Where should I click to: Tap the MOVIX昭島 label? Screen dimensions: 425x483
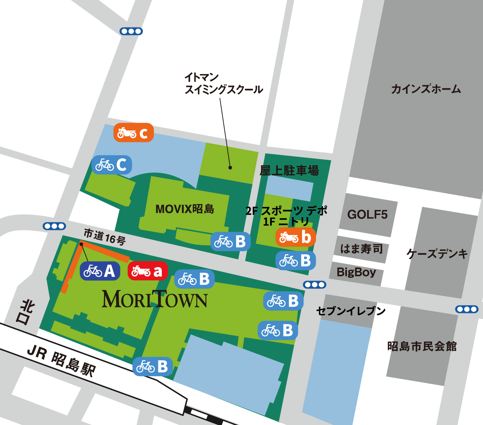point(184,209)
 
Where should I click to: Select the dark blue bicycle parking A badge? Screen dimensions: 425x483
point(100,271)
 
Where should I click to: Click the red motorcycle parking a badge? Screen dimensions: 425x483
point(148,271)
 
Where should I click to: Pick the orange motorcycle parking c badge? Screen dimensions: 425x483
point(133,133)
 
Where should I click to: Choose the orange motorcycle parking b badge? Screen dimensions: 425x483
point(295,237)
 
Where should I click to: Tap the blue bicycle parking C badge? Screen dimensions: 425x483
point(112,165)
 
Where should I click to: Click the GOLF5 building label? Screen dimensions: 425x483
point(367,214)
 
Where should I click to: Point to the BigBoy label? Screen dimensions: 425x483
point(356,272)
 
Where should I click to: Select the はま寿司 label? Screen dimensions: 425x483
point(361,249)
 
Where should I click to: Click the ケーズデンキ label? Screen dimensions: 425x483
point(437,254)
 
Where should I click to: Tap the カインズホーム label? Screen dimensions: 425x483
point(426,89)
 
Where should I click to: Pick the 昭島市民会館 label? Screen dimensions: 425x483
point(422,346)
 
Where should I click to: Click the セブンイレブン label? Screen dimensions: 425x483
point(351,311)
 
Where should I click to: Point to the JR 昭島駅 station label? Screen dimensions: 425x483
point(61,361)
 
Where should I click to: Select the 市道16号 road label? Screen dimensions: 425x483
point(104,237)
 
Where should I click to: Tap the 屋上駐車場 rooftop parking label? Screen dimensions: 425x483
point(289,170)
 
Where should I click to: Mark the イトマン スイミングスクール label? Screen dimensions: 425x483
point(223,83)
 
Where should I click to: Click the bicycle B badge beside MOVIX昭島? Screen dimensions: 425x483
point(230,241)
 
